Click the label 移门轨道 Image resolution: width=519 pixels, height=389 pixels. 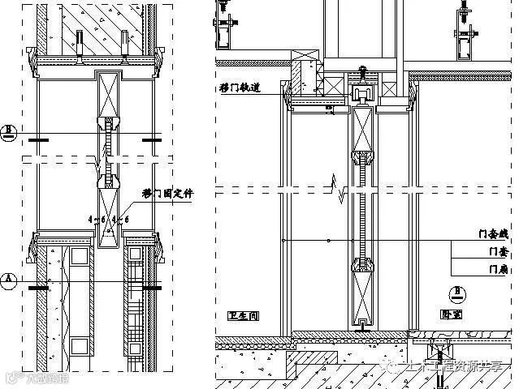[239, 88]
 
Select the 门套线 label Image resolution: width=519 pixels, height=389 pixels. [493, 234]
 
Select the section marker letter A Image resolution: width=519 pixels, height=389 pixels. [10, 280]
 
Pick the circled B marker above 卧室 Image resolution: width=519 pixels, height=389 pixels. [459, 291]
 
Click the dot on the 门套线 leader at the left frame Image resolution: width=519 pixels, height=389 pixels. [281, 241]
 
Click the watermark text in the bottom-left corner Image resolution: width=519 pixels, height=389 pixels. [37, 377]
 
